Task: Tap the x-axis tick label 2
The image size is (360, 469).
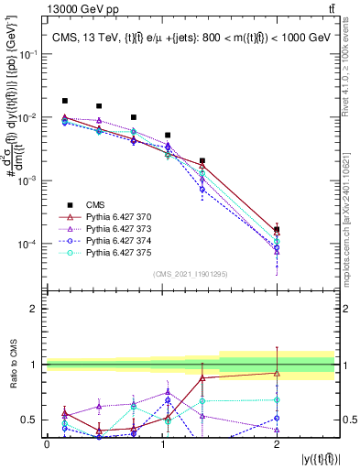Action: [x=277, y=443]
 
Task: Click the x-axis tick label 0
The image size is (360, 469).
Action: [x=47, y=443]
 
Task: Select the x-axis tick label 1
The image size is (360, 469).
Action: [x=161, y=443]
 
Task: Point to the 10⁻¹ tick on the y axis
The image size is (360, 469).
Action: [x=29, y=54]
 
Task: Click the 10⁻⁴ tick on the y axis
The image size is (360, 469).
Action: [x=29, y=245]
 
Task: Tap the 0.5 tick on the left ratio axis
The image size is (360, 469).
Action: [x=33, y=420]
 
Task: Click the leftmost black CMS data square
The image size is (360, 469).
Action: [x=65, y=101]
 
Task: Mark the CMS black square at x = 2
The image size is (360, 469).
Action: [x=277, y=230]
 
